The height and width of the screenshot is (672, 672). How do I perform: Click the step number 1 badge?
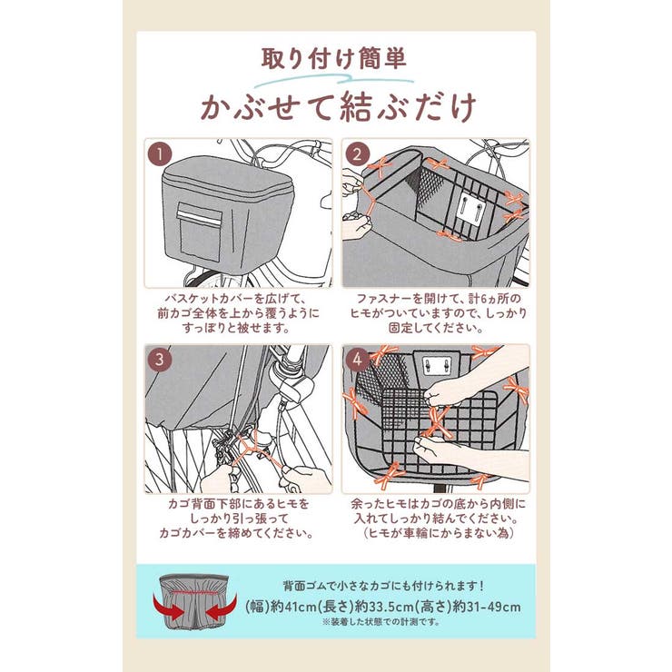[159, 153]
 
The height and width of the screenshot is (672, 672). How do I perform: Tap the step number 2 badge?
[358, 153]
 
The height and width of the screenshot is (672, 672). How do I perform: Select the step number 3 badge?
[159, 359]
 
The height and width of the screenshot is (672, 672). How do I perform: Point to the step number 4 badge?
[358, 359]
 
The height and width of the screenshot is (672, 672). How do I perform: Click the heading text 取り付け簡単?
[334, 59]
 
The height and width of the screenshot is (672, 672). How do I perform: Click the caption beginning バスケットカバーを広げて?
[238, 311]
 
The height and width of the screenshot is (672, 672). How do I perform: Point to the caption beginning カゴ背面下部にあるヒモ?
[238, 518]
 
